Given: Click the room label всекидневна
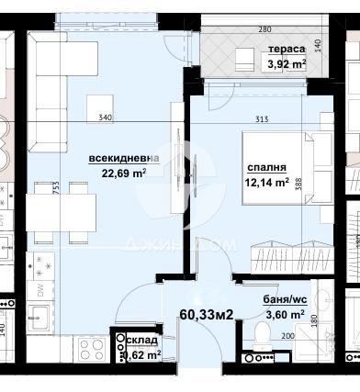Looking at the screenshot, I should coord(123,157).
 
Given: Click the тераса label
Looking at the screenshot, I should coord(287,50).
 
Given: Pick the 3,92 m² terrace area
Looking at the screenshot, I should coord(286,64).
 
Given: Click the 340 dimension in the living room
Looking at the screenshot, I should coord(106,118).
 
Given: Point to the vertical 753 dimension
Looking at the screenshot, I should coord(30,190).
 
